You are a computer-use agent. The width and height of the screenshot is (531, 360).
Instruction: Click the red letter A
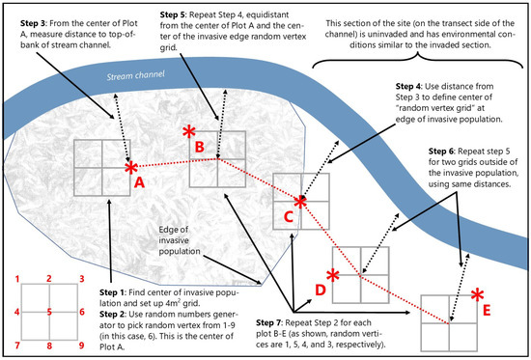[139, 182]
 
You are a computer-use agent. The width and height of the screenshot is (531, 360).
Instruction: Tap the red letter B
[200, 147]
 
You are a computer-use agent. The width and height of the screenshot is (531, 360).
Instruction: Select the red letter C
[289, 217]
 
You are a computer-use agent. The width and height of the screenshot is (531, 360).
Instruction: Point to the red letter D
[321, 290]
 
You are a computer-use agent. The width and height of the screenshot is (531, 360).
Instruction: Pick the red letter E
[487, 310]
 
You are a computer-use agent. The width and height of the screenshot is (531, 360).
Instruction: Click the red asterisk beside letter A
[131, 168]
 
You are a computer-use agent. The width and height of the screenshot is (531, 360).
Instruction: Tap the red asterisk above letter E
[477, 295]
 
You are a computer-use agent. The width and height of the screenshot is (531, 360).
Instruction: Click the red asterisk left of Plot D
[333, 276]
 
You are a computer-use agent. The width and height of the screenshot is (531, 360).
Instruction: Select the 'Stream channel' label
[136, 75]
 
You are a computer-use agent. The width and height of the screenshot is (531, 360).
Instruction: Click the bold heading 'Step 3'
[33, 23]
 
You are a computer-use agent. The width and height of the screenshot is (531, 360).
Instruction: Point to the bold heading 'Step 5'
[173, 14]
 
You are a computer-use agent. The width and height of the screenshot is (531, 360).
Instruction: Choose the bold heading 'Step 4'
[408, 86]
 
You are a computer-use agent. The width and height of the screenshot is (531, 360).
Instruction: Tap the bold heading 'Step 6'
[441, 152]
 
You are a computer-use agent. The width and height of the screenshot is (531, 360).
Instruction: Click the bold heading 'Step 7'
[268, 322]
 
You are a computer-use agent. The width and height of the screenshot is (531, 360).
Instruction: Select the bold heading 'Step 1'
[112, 292]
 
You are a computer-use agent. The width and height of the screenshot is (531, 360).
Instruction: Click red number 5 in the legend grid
[49, 312]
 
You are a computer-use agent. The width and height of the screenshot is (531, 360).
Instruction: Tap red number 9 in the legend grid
[82, 346]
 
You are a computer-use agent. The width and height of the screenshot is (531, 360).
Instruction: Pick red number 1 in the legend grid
[17, 279]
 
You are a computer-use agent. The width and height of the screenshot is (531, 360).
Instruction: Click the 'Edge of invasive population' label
[180, 240]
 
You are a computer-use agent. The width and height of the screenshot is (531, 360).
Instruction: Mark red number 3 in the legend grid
[82, 279]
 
